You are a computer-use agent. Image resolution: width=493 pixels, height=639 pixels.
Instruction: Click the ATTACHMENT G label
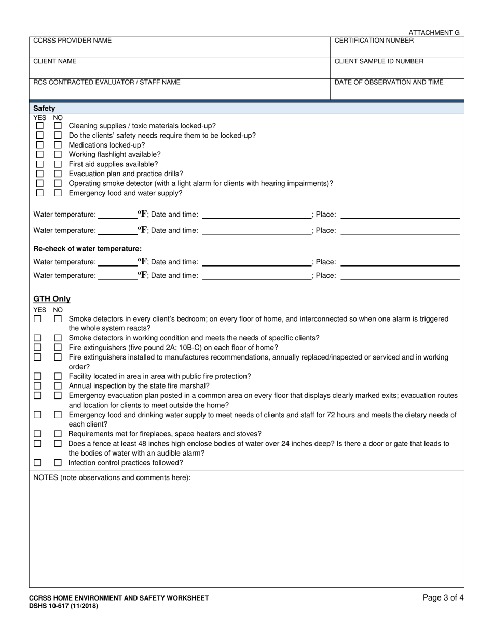point(434,32)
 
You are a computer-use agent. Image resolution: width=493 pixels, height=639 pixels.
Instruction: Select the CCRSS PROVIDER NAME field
point(179,50)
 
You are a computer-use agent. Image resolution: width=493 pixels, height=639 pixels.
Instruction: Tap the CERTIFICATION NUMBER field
point(397,50)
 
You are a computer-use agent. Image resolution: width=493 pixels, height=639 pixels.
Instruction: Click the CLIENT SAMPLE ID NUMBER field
point(397,71)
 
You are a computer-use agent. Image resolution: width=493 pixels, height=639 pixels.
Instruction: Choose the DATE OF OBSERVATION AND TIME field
point(397,91)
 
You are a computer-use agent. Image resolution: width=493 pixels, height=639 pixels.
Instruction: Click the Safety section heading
point(44,108)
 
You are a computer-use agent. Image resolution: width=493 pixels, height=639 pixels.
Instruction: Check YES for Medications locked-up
point(39,145)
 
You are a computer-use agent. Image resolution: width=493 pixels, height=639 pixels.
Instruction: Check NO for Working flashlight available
point(58,154)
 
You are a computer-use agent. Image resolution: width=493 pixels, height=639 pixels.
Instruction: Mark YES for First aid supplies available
point(39,164)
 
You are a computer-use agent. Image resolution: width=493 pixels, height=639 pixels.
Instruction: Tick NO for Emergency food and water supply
point(58,193)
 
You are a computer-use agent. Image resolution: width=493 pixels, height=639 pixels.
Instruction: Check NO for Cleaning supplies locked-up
point(58,126)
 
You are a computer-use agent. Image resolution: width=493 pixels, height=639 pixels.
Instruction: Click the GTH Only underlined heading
point(52,299)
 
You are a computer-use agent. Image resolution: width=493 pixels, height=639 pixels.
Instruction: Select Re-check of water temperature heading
point(87,249)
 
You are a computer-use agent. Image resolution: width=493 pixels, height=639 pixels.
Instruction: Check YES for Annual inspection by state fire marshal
point(38,385)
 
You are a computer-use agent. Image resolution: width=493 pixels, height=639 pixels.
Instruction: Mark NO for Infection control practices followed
point(58,463)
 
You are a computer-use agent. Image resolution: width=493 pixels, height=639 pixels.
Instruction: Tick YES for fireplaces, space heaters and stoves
point(38,434)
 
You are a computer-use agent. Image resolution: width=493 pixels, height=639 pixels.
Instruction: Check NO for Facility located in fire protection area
point(58,376)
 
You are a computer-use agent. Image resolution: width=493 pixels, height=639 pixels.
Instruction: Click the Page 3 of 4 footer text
point(443,597)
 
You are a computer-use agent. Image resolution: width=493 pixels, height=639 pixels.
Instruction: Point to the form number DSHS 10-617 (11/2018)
point(63,606)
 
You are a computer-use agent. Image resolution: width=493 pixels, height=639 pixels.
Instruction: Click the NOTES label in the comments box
point(112,477)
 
